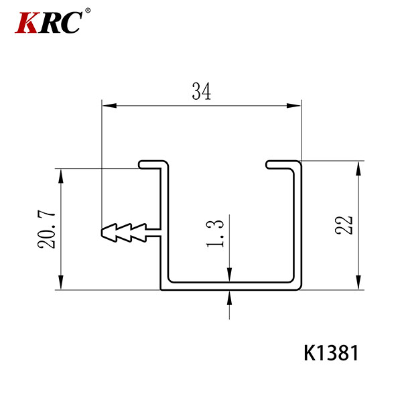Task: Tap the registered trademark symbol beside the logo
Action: click(88, 11)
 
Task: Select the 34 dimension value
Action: click(202, 91)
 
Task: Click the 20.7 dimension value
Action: click(46, 230)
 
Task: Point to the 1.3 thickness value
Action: click(215, 234)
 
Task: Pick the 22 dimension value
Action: click(344, 225)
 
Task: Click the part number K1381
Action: click(331, 353)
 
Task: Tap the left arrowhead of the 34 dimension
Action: click(109, 105)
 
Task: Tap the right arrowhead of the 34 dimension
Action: click(294, 105)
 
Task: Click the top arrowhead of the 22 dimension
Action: click(358, 168)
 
